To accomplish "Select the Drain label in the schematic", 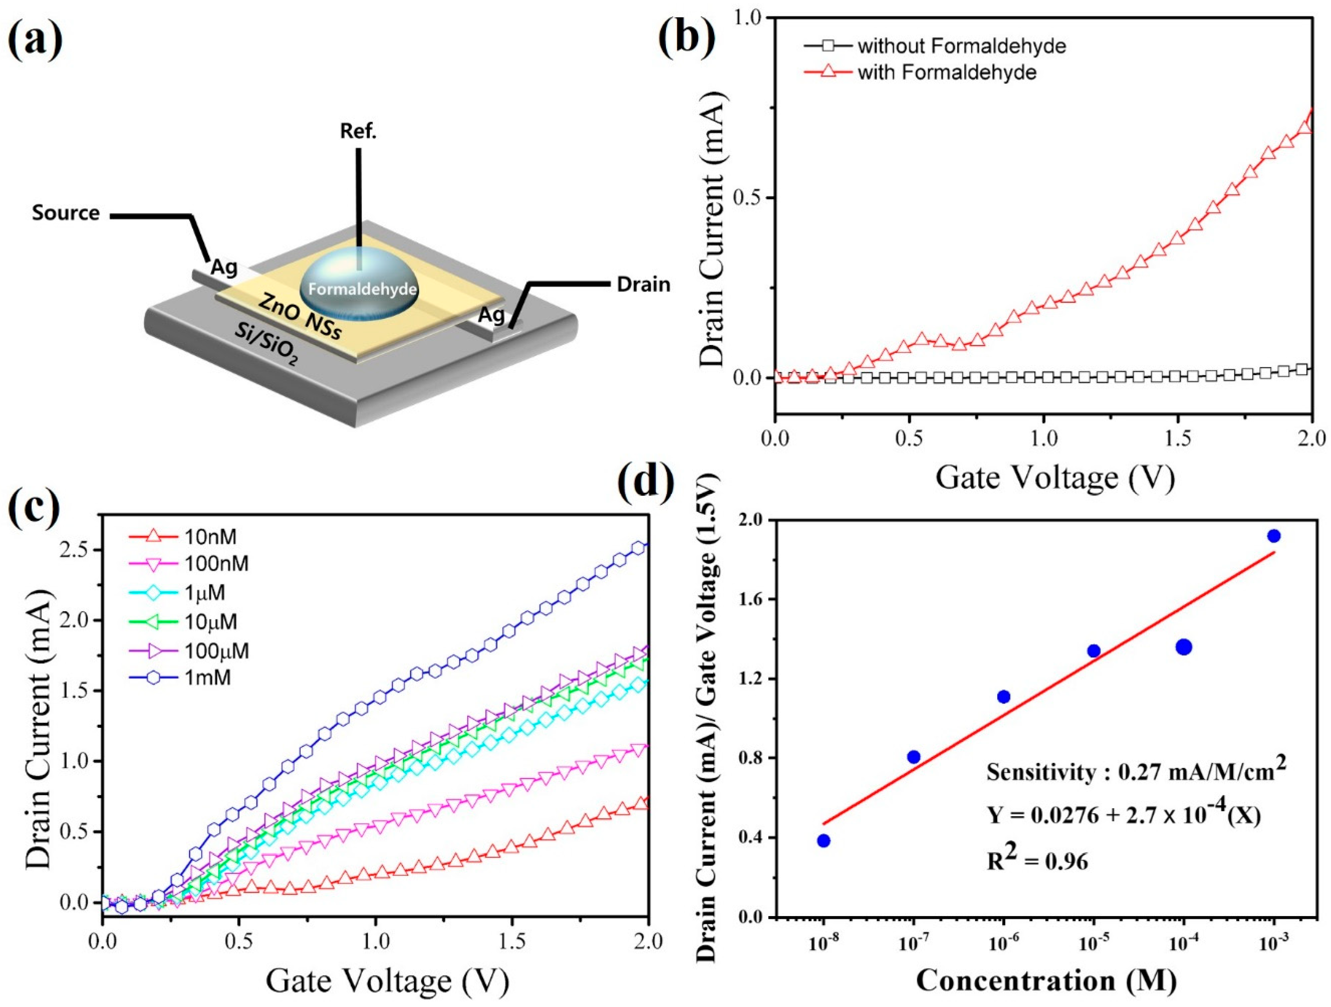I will (643, 284).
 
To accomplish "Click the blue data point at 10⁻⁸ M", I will (824, 840).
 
